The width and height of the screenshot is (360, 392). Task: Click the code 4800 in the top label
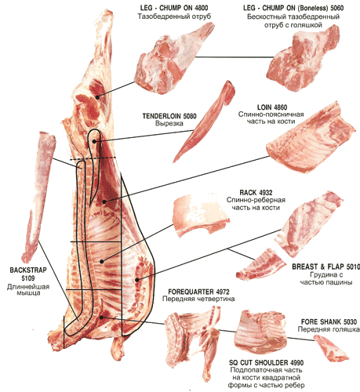point(202,8)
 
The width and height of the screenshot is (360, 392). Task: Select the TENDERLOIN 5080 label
point(169,116)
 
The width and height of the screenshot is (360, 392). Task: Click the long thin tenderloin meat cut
point(204,122)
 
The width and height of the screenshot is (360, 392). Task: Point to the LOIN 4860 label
point(272,107)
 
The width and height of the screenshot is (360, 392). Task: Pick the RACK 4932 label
point(256,193)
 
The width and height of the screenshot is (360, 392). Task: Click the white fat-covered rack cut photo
point(201,216)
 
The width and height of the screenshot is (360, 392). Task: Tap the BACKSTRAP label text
point(28,270)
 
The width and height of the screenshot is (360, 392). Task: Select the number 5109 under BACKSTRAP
point(28,278)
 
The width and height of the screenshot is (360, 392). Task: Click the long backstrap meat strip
point(39,196)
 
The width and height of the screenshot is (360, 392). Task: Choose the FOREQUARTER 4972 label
point(198,292)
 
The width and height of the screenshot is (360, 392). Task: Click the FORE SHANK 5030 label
point(329,321)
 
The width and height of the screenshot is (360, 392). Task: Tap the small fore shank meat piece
point(332,348)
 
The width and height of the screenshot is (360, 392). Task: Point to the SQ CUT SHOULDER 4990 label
point(267,362)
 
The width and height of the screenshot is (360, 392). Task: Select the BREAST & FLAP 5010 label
point(325,267)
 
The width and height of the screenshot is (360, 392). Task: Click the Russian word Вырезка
point(169,123)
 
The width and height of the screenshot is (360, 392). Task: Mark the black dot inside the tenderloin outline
point(94,141)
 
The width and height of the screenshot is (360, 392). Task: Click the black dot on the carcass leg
point(97,97)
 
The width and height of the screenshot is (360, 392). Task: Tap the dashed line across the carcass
point(93,158)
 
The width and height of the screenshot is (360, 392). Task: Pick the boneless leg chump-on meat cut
point(304,58)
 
